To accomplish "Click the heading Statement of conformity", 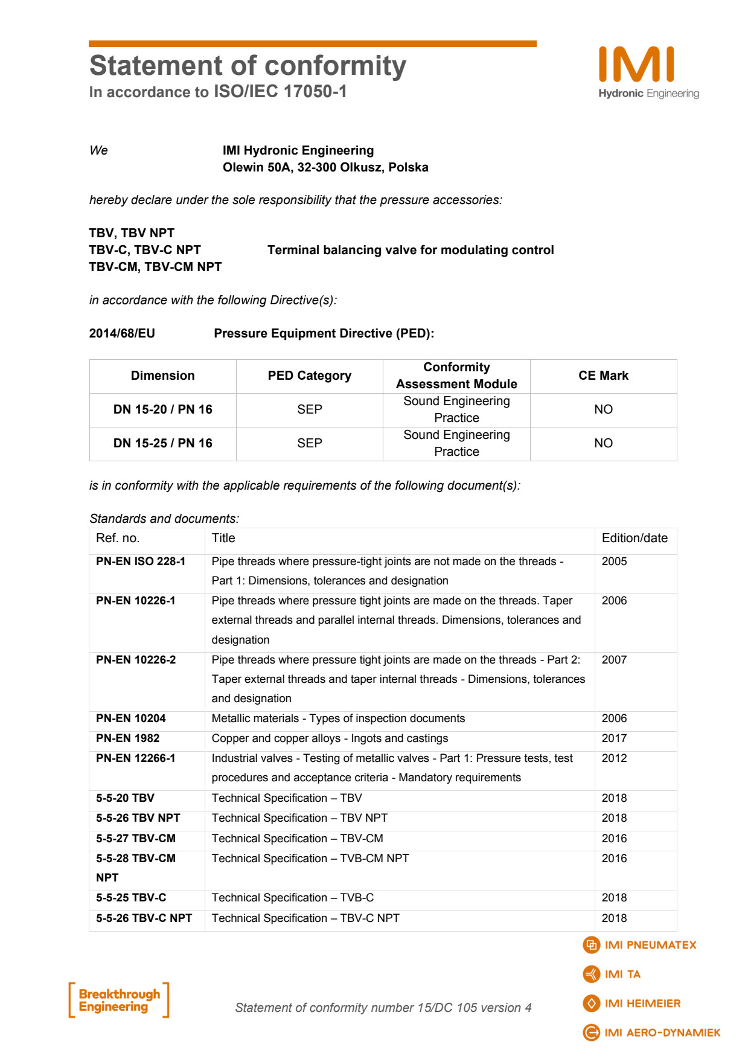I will (x=248, y=66).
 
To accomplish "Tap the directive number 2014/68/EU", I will (x=122, y=333).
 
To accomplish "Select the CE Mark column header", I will (x=603, y=376).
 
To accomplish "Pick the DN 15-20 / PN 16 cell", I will (x=163, y=409).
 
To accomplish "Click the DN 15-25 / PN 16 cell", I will (x=163, y=443).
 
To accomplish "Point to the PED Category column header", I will (x=309, y=376).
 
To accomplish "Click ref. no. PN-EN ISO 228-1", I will (x=141, y=561).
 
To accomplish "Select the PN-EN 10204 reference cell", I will (x=131, y=718).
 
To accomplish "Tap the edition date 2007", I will (x=614, y=660).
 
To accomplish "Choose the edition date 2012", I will (x=614, y=758).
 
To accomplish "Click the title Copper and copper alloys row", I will (x=330, y=738).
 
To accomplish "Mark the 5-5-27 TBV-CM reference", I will (x=136, y=839).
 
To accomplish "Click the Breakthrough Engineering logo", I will (x=119, y=1000).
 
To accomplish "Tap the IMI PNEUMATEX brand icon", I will (x=592, y=945).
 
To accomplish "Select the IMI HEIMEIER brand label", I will (x=642, y=1003).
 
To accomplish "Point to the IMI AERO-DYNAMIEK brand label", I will (x=662, y=1033).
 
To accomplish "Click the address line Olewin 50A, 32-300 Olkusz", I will (x=325, y=167).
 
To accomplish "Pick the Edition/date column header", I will (x=635, y=538).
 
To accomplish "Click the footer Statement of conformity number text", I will (x=383, y=1008).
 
